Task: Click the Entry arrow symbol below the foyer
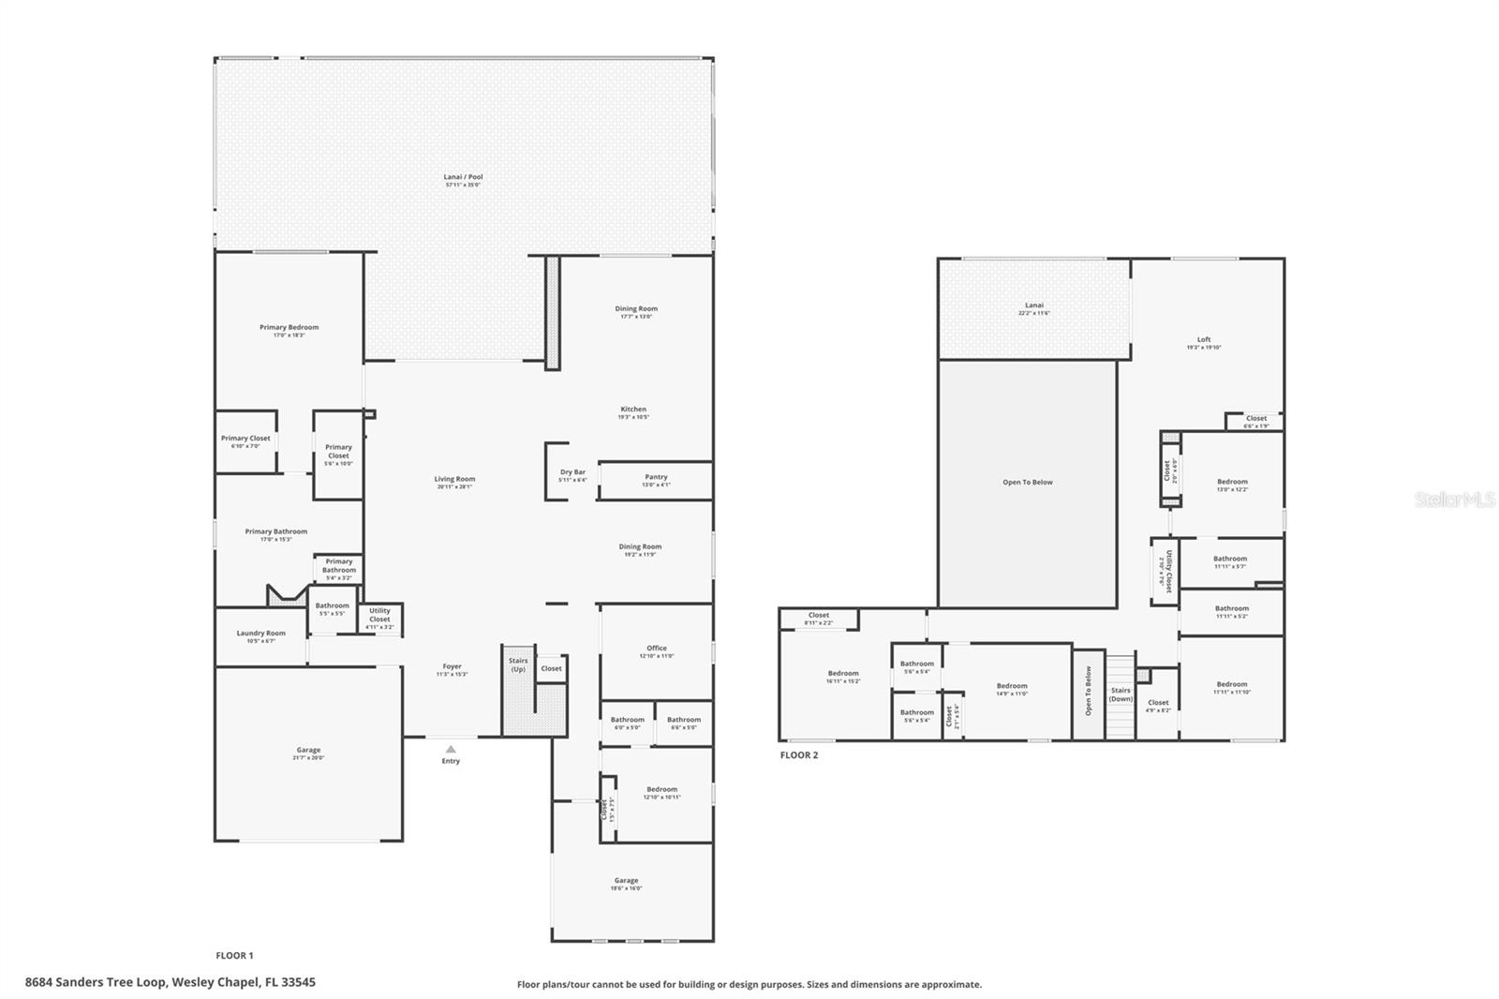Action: point(451,749)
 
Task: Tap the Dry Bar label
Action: point(572,472)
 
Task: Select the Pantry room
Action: point(656,480)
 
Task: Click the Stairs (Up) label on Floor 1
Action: point(518,664)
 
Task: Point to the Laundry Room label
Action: point(260,634)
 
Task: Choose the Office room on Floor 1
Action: point(657,651)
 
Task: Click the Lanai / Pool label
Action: point(463,177)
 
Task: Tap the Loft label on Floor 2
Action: point(1204,340)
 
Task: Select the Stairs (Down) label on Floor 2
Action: point(1121,694)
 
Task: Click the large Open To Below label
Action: point(1028,483)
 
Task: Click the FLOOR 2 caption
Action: point(799,755)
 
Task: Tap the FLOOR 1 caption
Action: point(234,956)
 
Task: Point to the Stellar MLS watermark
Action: point(1455,500)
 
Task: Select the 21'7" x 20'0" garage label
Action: point(308,753)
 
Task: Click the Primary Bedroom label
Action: point(289,328)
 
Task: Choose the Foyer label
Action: point(452,667)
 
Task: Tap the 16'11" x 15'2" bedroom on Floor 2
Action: point(843,677)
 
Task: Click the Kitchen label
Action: point(633,410)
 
